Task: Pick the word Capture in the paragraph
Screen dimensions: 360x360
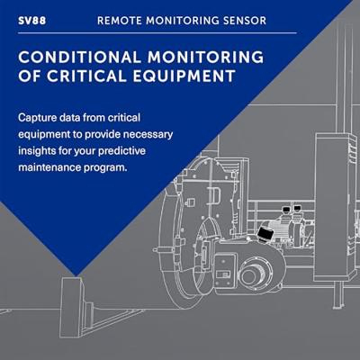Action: point(39,117)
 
